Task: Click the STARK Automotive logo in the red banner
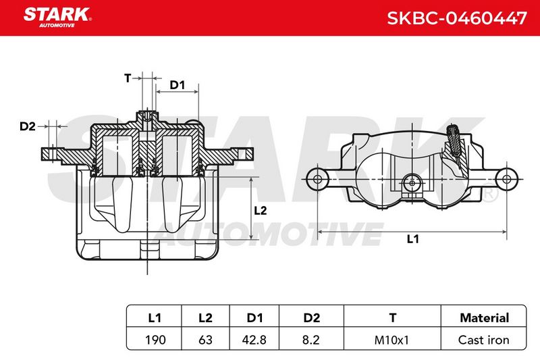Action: click(57, 18)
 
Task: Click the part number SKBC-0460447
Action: click(457, 18)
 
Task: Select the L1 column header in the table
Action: click(155, 317)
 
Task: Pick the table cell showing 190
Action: click(155, 340)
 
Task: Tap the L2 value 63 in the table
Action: click(205, 340)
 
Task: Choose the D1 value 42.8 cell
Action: click(254, 340)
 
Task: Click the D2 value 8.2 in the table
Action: click(310, 340)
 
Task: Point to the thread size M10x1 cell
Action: click(391, 340)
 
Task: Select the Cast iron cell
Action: click(483, 340)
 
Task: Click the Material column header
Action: click(484, 317)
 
